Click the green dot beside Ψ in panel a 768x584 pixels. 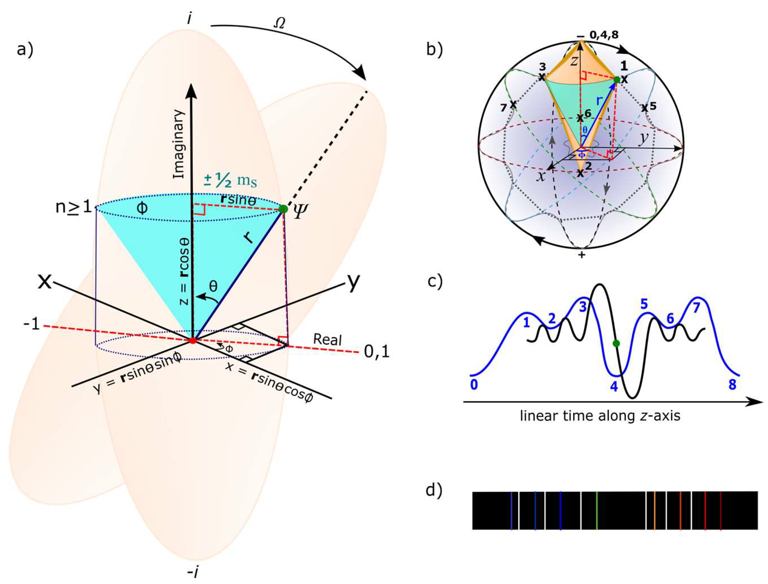(x=283, y=209)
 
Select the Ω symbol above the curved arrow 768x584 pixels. (x=280, y=23)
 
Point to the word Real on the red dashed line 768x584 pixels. (x=327, y=340)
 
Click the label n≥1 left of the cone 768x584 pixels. (x=73, y=208)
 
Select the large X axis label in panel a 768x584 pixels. (x=45, y=282)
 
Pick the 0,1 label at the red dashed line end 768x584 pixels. (x=376, y=352)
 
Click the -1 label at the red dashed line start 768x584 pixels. (x=31, y=325)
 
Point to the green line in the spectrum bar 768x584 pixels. (x=596, y=510)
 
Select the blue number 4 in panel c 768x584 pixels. (x=614, y=386)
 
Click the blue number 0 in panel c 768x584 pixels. (x=474, y=385)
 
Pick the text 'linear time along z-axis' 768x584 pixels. (x=600, y=416)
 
